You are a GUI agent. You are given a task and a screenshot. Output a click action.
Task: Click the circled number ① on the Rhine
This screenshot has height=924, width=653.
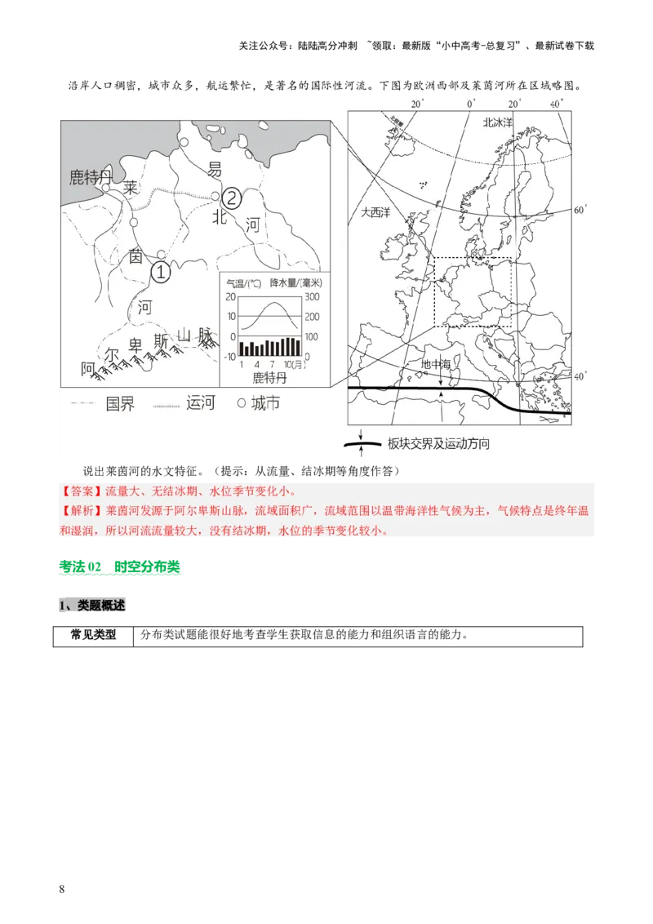click(x=162, y=273)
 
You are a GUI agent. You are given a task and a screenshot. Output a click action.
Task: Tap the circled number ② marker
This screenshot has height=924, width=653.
click(x=233, y=198)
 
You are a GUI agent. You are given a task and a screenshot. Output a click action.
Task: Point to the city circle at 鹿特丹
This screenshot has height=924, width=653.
click(x=106, y=187)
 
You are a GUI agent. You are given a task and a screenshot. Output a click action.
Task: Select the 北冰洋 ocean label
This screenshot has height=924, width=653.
click(x=497, y=122)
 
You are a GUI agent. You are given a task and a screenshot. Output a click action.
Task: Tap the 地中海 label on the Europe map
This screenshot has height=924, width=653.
click(x=435, y=365)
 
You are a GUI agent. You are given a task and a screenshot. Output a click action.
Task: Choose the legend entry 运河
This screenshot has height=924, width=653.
click(x=200, y=402)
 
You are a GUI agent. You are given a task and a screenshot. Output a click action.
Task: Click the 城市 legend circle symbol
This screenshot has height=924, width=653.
click(x=241, y=403)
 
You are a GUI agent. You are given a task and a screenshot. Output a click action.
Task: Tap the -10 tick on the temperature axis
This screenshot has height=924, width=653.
click(x=229, y=356)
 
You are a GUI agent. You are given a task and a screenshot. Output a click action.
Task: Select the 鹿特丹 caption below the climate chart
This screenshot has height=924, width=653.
click(x=270, y=378)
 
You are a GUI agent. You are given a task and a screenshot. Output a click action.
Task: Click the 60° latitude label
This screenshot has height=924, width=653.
click(x=580, y=210)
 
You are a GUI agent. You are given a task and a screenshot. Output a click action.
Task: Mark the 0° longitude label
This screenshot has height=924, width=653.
click(x=470, y=104)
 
